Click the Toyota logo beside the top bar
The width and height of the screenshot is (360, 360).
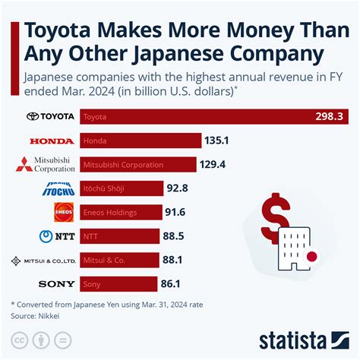pos(51,117)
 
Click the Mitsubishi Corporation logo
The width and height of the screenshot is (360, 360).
pos(46,165)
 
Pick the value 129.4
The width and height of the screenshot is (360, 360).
pos(213,165)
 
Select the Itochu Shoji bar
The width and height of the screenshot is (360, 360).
pos(122,188)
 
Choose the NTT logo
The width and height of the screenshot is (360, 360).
pos(57,236)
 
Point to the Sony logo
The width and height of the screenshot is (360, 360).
pos(56,284)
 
